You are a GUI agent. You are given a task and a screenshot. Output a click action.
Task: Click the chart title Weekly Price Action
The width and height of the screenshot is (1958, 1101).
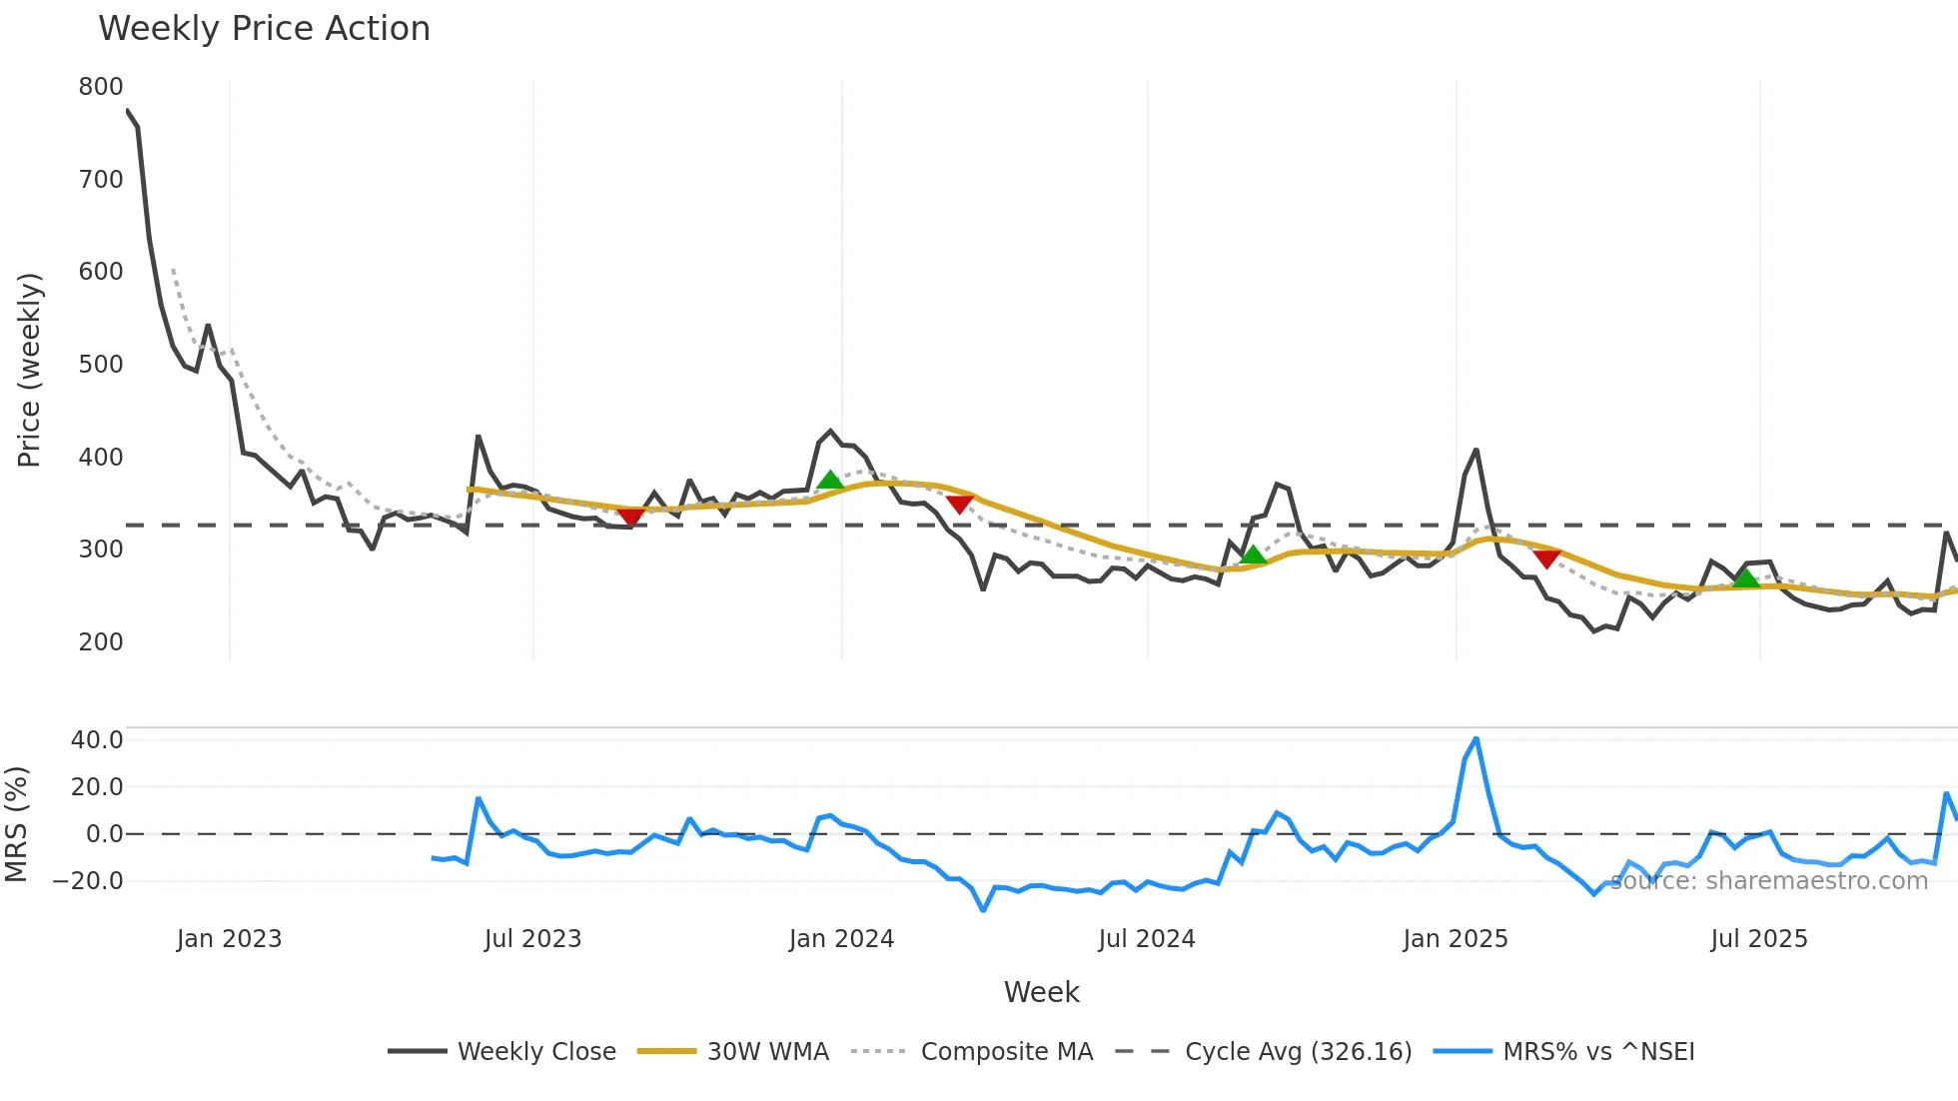[x=264, y=29]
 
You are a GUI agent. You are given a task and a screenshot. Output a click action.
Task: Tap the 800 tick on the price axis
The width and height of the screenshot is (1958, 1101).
[x=101, y=87]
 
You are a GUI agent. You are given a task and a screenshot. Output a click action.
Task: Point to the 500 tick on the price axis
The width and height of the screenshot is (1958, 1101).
[x=101, y=365]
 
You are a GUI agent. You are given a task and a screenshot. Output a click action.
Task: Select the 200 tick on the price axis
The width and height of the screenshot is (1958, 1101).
[x=101, y=642]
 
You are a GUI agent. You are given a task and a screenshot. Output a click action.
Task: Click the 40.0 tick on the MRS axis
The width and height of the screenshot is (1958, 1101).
[x=97, y=740]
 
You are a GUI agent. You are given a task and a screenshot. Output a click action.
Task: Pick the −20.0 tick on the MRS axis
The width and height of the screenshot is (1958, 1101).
[x=88, y=881]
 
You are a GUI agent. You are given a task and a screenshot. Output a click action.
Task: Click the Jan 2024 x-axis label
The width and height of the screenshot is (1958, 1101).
[x=841, y=939]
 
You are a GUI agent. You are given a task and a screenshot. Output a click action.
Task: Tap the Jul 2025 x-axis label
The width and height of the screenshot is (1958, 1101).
[x=1759, y=939]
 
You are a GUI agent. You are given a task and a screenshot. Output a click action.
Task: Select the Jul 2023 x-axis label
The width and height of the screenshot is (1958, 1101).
[x=532, y=939]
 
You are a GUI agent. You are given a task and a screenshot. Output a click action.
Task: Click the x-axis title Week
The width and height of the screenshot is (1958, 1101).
[x=1041, y=992]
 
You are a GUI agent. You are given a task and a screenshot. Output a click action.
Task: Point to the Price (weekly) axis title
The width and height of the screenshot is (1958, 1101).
[x=29, y=370]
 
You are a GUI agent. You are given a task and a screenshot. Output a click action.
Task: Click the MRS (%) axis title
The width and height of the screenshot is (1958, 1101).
[x=16, y=824]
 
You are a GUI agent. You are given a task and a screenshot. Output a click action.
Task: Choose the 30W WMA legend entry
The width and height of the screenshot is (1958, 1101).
[x=767, y=1052]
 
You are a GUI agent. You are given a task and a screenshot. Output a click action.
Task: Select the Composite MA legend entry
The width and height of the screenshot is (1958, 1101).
[x=1006, y=1052]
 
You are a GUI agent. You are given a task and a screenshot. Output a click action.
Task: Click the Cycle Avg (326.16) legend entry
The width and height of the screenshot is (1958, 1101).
[x=1298, y=1052]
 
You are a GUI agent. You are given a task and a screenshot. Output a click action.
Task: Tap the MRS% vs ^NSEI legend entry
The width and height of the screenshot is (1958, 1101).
[x=1598, y=1052]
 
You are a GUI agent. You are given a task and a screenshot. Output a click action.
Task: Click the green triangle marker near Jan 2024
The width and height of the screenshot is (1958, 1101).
[x=830, y=481]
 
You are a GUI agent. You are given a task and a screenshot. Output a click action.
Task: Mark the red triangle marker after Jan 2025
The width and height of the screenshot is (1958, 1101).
[x=1546, y=559]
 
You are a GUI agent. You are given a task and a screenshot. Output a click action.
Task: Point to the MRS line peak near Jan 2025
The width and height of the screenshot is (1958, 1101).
[x=1476, y=739]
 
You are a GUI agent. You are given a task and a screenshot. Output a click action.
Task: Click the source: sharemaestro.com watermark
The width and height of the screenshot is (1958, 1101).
[x=1768, y=881]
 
